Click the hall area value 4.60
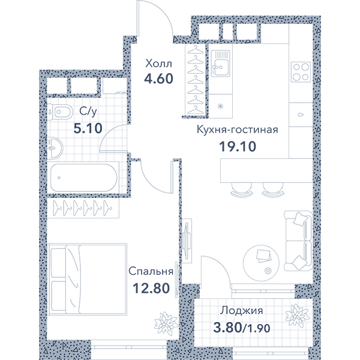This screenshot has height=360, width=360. pyautogui.click(x=158, y=79)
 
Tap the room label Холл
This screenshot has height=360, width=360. pyautogui.click(x=158, y=64)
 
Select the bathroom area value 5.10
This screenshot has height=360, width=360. pyautogui.click(x=88, y=128)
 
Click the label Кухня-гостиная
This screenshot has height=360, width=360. pyautogui.click(x=238, y=130)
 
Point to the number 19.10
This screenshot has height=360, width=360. pyautogui.click(x=238, y=146)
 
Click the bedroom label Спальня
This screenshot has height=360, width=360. pyautogui.click(x=151, y=271)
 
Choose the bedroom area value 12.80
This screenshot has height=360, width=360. pyautogui.click(x=151, y=289)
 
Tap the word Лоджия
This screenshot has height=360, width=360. pyautogui.click(x=241, y=311)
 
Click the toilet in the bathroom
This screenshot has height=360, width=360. pyautogui.click(x=60, y=112)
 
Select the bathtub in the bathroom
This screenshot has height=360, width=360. pyautogui.click(x=83, y=178)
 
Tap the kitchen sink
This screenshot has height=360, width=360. pyautogui.click(x=220, y=64)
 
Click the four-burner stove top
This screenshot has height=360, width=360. pyautogui.click(x=301, y=72)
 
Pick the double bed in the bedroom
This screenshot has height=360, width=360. pyautogui.click(x=88, y=279)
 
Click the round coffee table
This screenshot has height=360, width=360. pyautogui.click(x=261, y=263)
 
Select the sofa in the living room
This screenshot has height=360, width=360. pyautogui.click(x=298, y=241)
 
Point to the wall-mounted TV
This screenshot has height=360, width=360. pyautogui.click(x=187, y=241)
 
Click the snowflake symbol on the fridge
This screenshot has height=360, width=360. pyautogui.click(x=220, y=106)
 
